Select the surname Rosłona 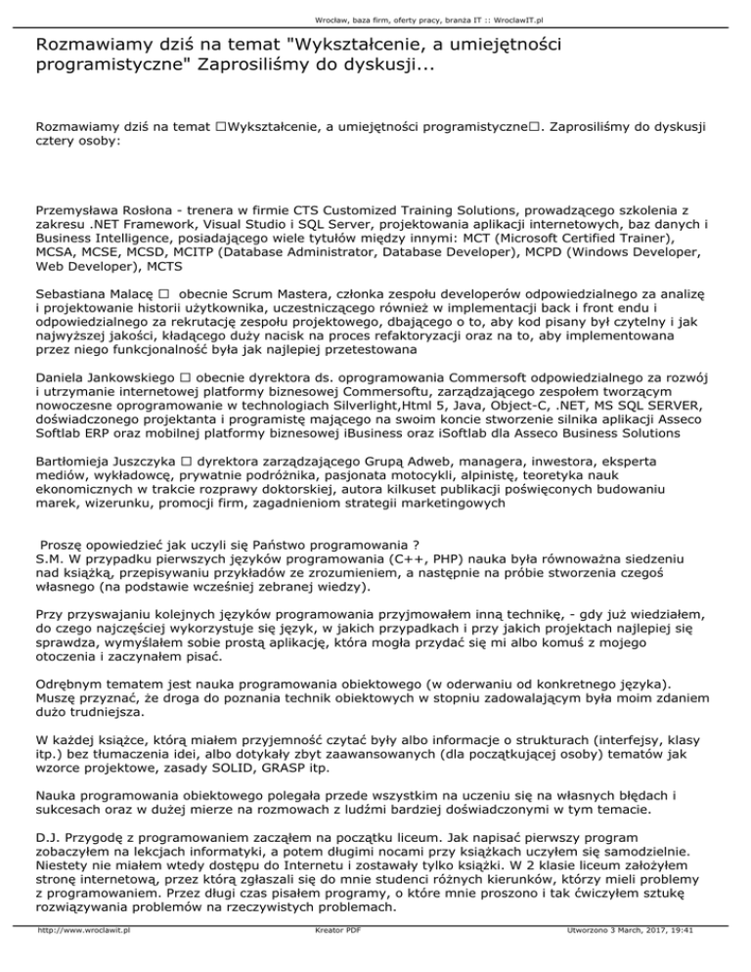point(165,209)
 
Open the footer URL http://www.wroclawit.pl point(84,959)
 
